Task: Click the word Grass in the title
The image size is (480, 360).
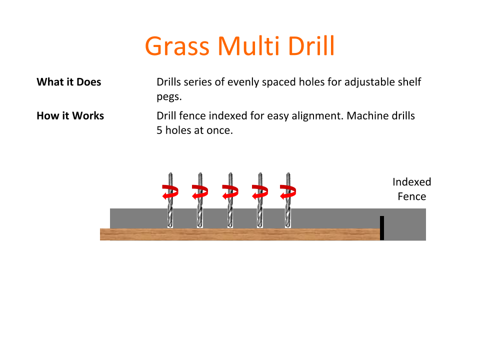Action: click(177, 46)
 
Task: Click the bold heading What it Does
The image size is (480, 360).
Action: click(69, 82)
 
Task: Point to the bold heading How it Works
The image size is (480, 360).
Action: click(70, 116)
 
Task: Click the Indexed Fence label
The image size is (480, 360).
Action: click(411, 189)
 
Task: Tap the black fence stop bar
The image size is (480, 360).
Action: click(382, 228)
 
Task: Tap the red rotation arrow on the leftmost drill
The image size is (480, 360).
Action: click(170, 191)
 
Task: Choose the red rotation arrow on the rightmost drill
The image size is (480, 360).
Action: click(288, 191)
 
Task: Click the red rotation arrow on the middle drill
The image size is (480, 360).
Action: click(230, 191)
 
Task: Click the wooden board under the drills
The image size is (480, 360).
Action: click(240, 234)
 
